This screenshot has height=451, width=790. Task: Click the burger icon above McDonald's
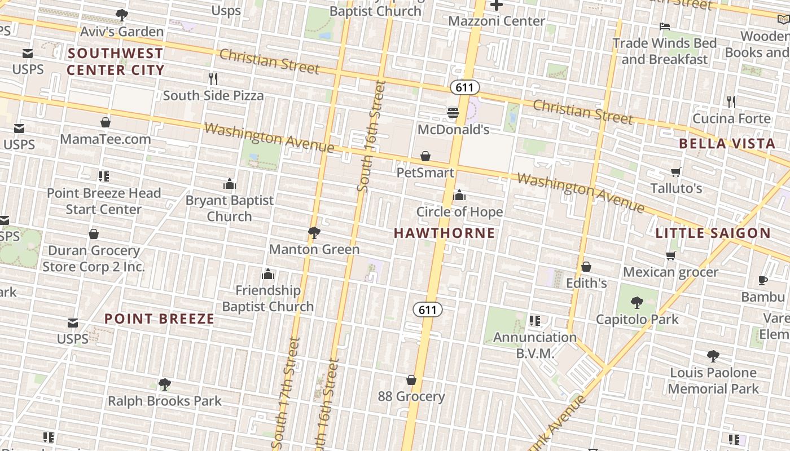pos(453,113)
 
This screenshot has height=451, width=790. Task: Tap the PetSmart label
pos(425,173)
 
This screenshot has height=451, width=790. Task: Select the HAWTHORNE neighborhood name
pos(444,233)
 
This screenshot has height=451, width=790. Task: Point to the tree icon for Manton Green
pos(314,232)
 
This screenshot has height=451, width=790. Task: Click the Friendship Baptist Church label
pos(267,298)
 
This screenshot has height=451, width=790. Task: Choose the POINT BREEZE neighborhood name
pos(160,319)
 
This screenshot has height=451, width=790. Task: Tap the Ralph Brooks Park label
pos(165,401)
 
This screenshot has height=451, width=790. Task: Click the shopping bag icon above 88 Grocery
pos(411,381)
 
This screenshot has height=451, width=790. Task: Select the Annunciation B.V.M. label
pos(535,345)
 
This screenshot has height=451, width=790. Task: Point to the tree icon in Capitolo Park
pos(637,303)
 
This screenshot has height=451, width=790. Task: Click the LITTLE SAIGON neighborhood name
pos(713,233)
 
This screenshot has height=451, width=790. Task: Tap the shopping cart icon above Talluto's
pos(676,172)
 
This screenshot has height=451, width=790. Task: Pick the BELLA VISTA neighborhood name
pos(727,143)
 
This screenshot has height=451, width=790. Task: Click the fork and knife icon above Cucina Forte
pos(731,102)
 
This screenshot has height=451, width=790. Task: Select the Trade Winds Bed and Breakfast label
pos(665,51)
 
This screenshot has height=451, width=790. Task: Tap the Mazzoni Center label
pos(497,21)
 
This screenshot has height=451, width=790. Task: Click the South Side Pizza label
pos(213,95)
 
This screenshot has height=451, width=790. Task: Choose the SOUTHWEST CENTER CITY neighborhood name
pos(115,61)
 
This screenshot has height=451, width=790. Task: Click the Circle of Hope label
pos(459,212)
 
